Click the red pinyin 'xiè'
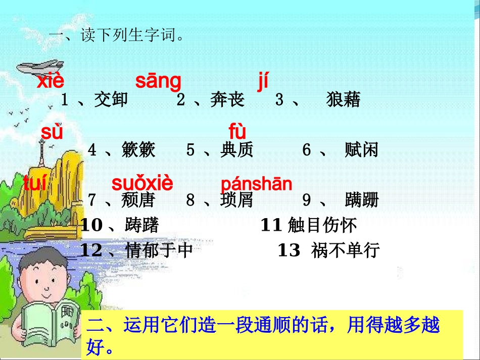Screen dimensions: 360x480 51,81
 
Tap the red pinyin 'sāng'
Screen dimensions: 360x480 158,81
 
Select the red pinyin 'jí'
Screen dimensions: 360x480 263,81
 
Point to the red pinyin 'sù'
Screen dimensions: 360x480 52,132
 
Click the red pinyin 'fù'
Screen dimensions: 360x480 237,132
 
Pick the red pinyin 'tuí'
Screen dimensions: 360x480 35,184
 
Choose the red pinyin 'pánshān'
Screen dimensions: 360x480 256,184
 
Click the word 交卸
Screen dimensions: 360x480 111,100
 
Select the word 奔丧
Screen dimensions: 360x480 227,100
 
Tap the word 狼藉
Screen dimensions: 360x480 344,100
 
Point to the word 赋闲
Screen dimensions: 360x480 361,150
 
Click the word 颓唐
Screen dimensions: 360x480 138,200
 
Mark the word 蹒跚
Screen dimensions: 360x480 361,200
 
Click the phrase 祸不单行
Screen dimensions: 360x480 346,250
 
